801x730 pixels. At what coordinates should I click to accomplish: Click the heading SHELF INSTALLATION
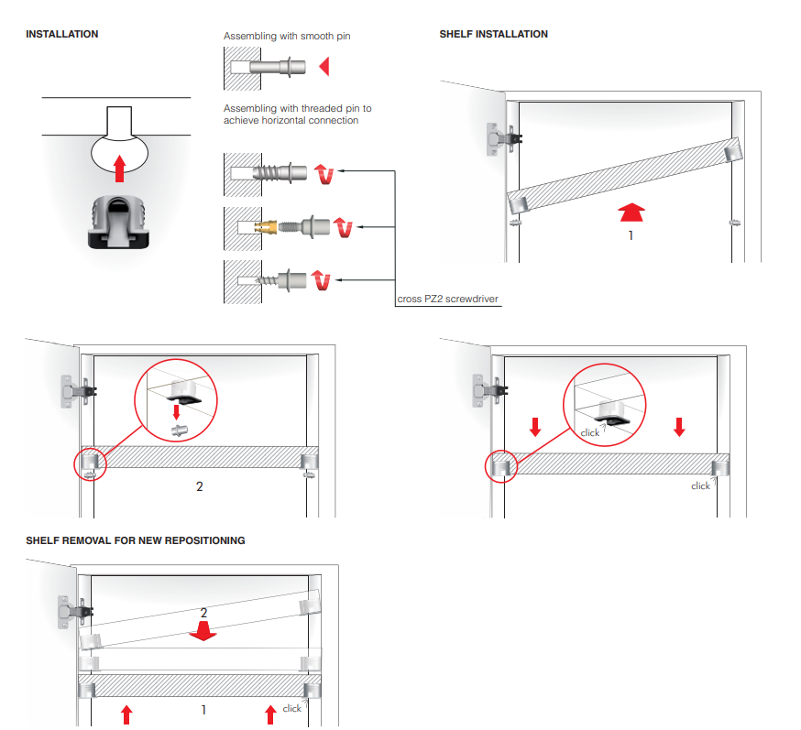(493, 34)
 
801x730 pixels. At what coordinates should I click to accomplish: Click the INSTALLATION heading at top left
(62, 34)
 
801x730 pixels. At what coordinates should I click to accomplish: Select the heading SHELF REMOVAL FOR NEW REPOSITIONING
(136, 540)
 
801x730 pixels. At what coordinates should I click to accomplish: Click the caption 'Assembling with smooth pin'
(287, 37)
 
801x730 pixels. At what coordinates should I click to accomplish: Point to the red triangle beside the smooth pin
(323, 67)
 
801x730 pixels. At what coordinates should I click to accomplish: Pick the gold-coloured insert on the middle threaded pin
(263, 225)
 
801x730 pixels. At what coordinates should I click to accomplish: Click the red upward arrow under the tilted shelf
(631, 212)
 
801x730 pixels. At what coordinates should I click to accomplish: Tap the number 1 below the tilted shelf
(631, 234)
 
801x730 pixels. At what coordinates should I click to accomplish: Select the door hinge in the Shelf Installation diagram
(499, 140)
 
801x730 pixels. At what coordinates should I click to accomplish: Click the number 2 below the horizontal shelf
(200, 486)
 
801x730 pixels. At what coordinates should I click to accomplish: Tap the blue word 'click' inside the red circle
(589, 432)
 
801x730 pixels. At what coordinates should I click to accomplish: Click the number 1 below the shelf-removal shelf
(203, 709)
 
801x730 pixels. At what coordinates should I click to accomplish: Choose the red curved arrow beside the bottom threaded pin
(323, 278)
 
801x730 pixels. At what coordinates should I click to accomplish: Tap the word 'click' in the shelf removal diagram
(291, 708)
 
